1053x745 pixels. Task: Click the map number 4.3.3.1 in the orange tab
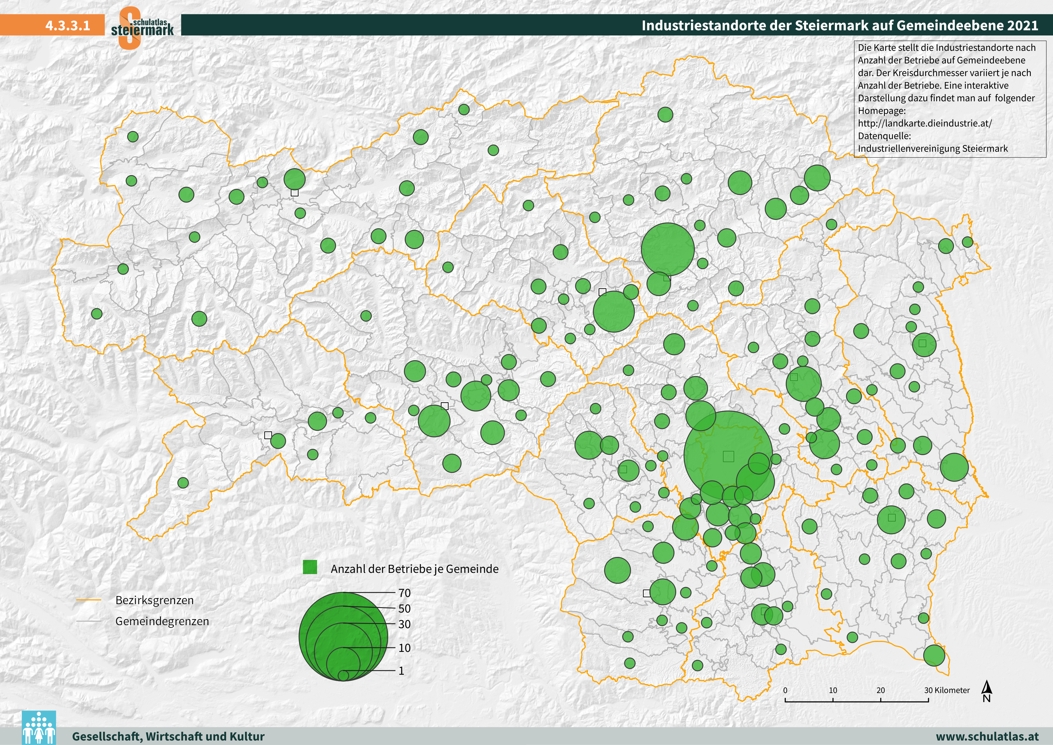click(68, 25)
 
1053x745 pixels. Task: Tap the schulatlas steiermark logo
click(142, 28)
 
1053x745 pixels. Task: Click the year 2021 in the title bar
click(1022, 25)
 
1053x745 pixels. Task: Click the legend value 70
click(404, 593)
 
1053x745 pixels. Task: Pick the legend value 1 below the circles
click(401, 671)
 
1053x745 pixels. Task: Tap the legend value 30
click(404, 624)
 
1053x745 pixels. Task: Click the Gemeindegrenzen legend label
click(162, 621)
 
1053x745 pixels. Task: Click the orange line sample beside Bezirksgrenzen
click(89, 600)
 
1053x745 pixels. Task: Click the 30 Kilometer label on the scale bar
click(947, 690)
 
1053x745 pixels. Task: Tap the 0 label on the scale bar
click(785, 690)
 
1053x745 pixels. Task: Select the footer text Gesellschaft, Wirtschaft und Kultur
click(168, 736)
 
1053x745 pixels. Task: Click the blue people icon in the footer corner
click(39, 728)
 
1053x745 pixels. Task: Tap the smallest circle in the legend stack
click(343, 675)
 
